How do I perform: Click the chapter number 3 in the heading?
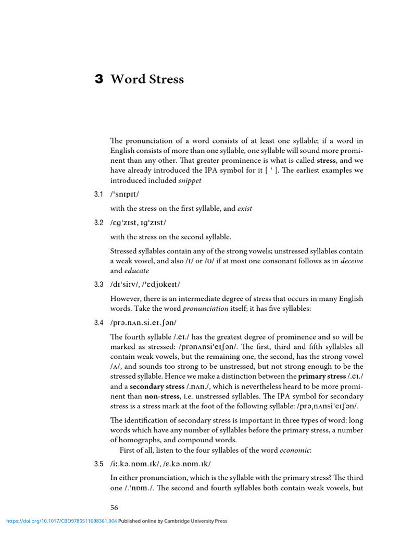click(99, 79)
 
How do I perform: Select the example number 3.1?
click(99, 195)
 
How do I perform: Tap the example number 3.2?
click(99, 223)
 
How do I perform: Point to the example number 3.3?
click(99, 284)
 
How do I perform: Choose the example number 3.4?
click(99, 323)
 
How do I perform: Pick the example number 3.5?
click(99, 464)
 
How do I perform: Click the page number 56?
click(115, 507)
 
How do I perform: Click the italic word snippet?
click(190, 180)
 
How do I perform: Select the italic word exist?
click(244, 209)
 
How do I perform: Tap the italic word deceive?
click(352, 261)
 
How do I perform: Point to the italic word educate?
click(137, 271)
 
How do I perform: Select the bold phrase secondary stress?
click(157, 386)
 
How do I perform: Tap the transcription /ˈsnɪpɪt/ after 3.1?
click(125, 195)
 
